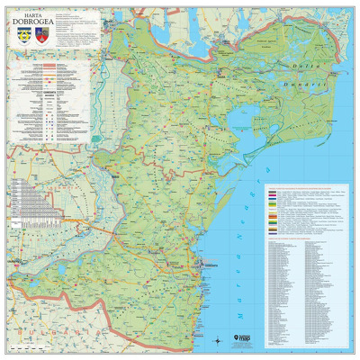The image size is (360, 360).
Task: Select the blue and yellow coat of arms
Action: point(22,39)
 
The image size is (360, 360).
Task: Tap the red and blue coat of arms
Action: point(40,39)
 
